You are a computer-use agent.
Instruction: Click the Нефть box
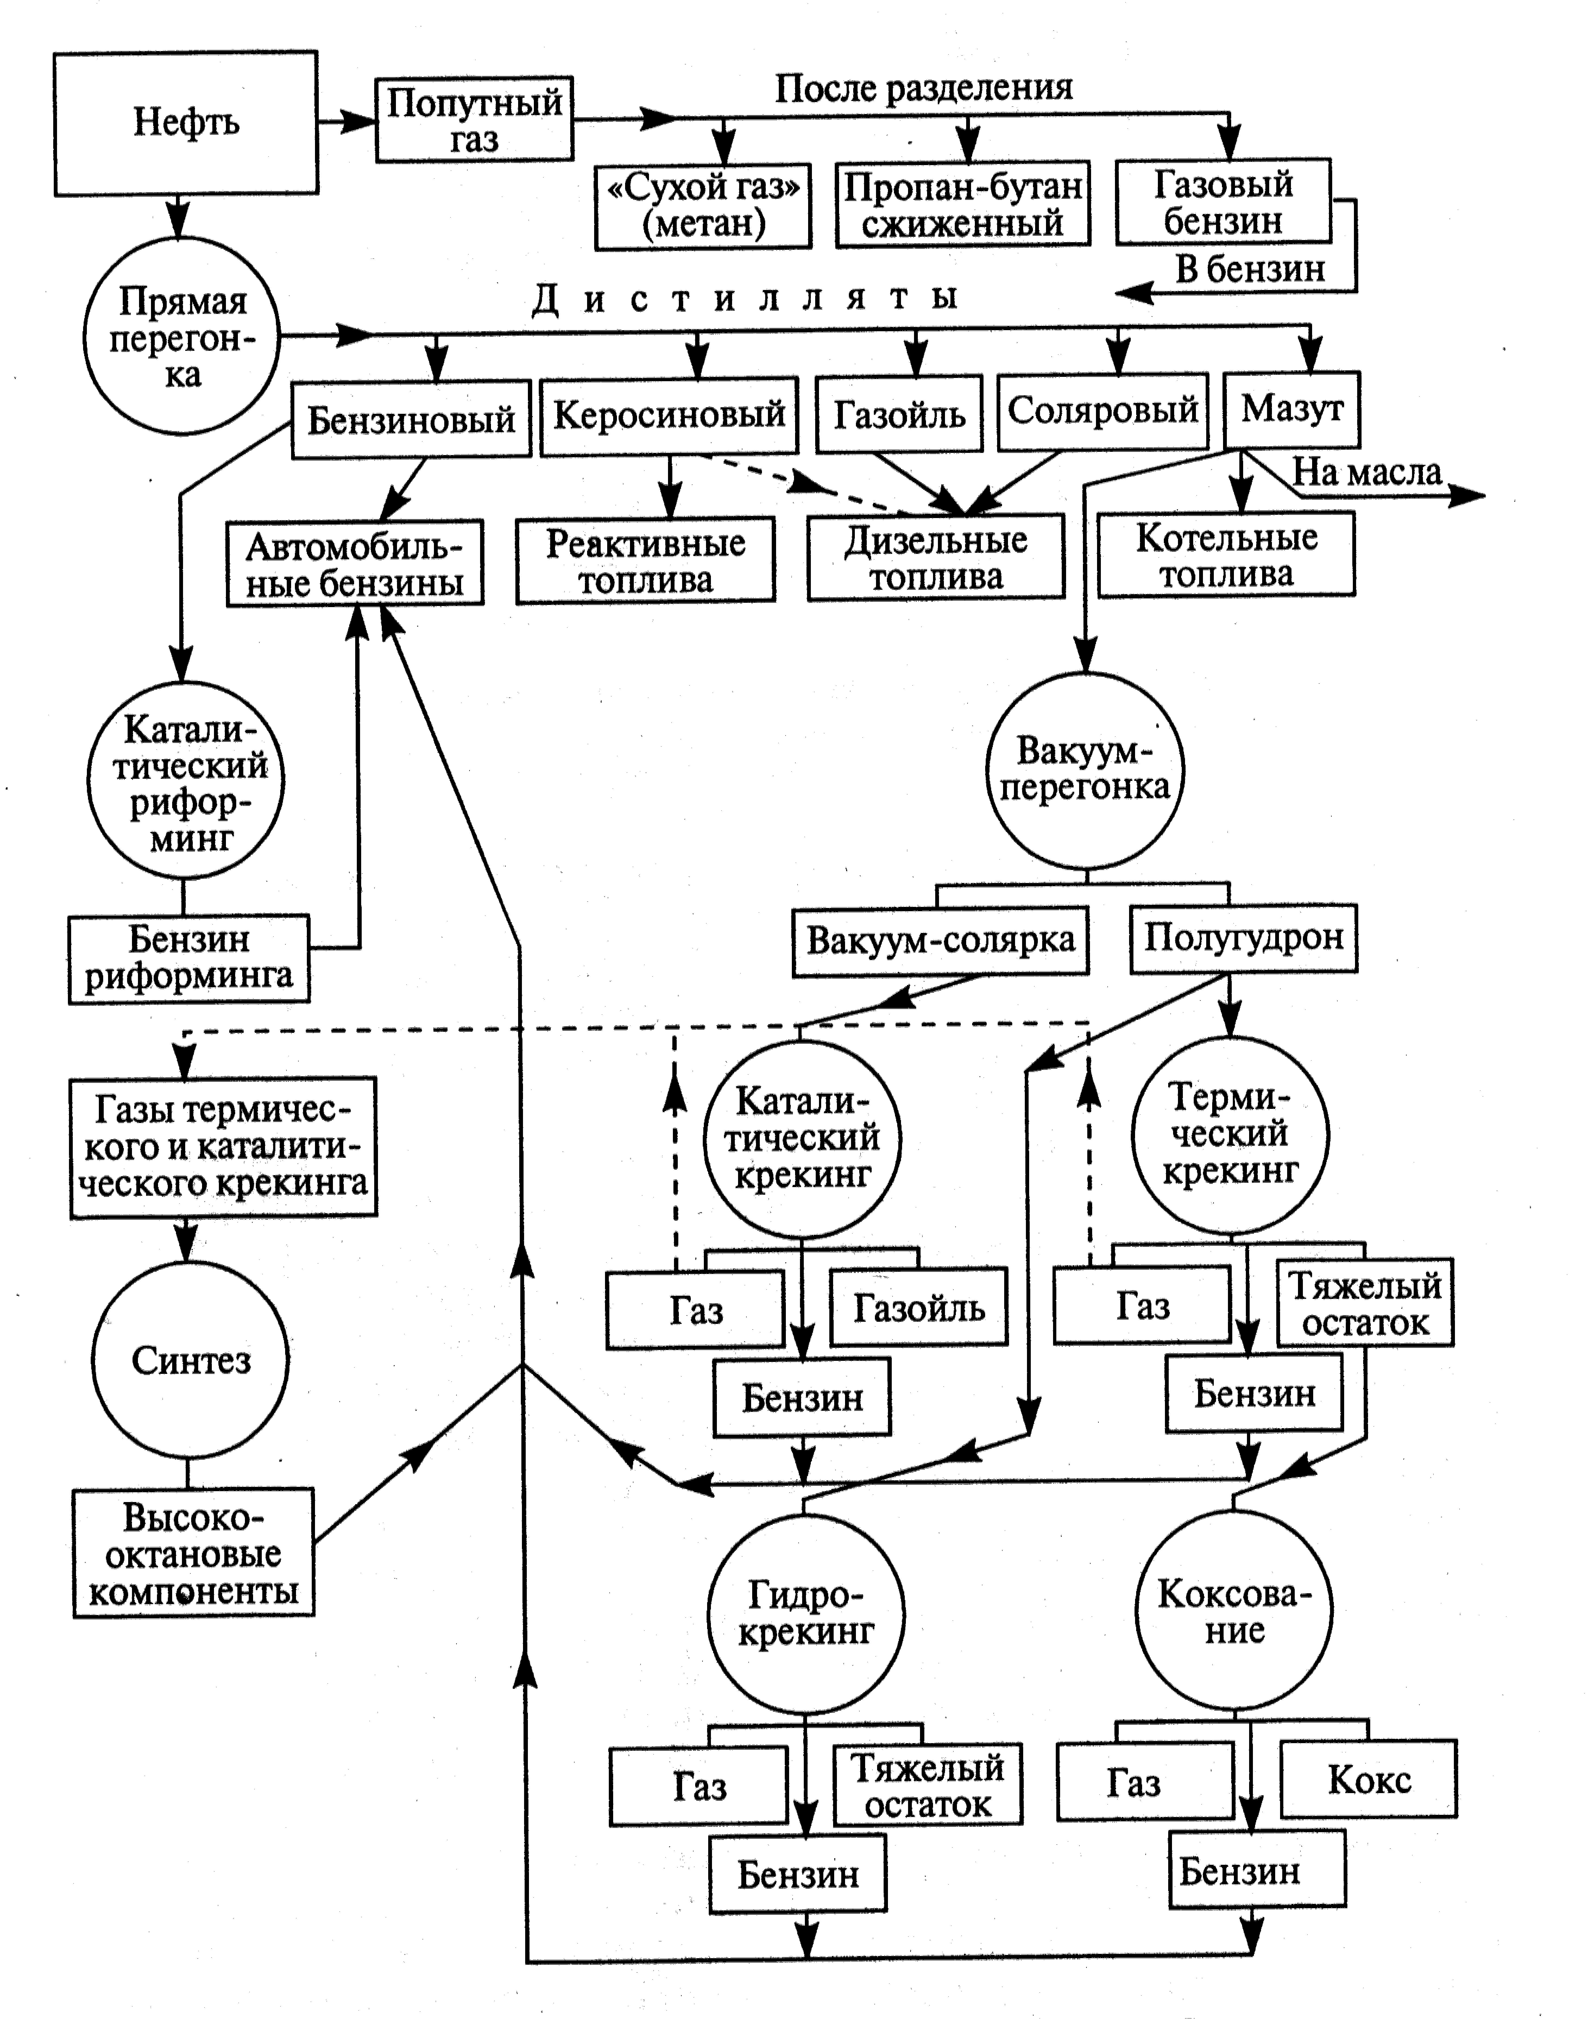coord(186,123)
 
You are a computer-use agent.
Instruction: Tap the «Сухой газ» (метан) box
coord(703,206)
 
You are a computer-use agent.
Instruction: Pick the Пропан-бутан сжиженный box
coord(962,204)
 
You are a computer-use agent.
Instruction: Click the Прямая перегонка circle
coord(181,336)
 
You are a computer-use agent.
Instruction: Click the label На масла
coord(1367,472)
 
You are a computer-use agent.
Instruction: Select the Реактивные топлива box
coord(645,561)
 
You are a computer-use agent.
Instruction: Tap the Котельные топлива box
coord(1226,555)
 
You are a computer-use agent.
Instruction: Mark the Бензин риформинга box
coord(189,958)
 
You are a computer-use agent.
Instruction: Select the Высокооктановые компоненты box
coord(193,1554)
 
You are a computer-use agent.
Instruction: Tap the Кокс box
coord(1369,1780)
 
